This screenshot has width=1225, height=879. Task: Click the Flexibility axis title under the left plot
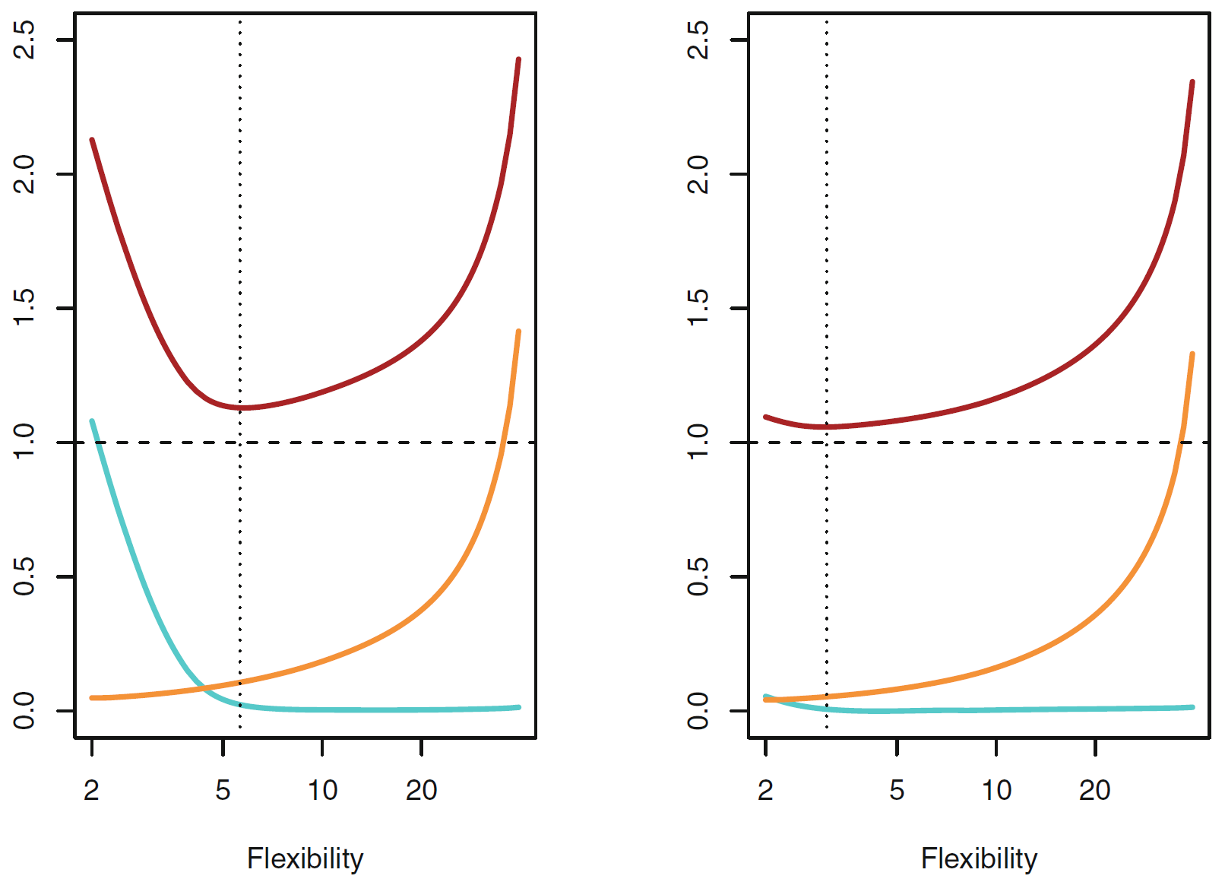pyautogui.click(x=305, y=858)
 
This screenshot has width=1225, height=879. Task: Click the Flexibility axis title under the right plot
pyautogui.click(x=979, y=858)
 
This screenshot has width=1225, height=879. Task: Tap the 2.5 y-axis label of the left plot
pyautogui.click(x=24, y=40)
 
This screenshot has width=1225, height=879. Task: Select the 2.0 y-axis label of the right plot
pyautogui.click(x=698, y=174)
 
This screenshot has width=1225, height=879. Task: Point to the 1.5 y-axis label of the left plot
pyautogui.click(x=24, y=308)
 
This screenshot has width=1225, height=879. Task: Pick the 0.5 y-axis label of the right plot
pyautogui.click(x=698, y=576)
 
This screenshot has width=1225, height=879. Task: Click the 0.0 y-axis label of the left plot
pyautogui.click(x=24, y=710)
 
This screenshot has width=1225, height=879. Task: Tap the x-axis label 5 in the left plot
pyautogui.click(x=223, y=790)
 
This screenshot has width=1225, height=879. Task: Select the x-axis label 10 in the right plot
pyautogui.click(x=996, y=790)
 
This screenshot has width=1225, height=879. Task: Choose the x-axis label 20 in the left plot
pyautogui.click(x=421, y=790)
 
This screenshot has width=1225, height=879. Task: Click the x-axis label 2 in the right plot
pyautogui.click(x=765, y=790)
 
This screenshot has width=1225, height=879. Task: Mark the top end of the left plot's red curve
pyautogui.click(x=518, y=59)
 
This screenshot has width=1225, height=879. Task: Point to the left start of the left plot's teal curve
pyautogui.click(x=92, y=420)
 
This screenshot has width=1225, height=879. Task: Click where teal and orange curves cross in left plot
pyautogui.click(x=204, y=688)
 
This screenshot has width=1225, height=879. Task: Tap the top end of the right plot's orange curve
pyautogui.click(x=1192, y=354)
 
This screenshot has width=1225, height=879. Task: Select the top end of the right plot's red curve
pyautogui.click(x=1192, y=81)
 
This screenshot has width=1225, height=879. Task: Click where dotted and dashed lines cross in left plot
pyautogui.click(x=240, y=442)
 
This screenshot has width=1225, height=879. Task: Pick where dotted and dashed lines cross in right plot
pyautogui.click(x=827, y=442)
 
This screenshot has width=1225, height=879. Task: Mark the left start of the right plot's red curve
pyautogui.click(x=765, y=417)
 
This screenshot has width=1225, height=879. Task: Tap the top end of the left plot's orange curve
pyautogui.click(x=518, y=332)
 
